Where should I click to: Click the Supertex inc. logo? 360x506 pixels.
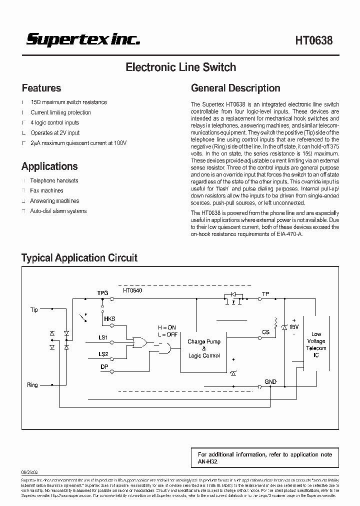[83, 40]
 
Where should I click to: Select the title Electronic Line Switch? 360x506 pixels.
[180, 67]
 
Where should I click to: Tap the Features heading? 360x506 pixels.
[41, 88]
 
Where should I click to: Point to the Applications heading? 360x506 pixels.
[49, 166]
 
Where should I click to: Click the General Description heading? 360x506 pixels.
[235, 88]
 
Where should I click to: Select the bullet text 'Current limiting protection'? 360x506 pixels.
[60, 112]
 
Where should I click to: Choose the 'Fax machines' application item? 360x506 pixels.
[46, 190]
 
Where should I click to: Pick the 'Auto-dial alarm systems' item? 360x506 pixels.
[58, 211]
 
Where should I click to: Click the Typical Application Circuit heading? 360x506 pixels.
[79, 258]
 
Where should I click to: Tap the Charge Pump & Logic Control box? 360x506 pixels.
[204, 348]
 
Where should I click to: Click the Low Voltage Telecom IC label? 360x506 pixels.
[316, 344]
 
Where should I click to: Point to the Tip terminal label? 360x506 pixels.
[34, 310]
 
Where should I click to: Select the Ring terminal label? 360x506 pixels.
[32, 385]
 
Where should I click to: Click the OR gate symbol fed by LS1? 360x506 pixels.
[138, 342]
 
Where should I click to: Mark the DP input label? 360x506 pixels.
[103, 366]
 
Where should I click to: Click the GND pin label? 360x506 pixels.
[270, 381]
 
